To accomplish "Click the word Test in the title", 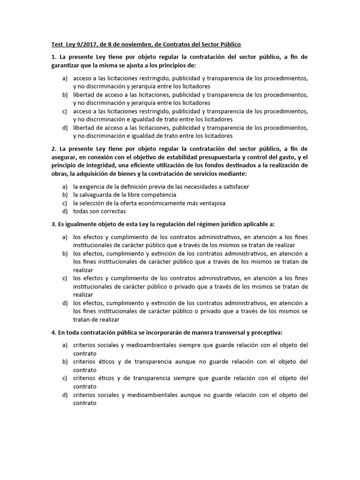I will coord(57,45).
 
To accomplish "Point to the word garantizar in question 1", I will coord(67,66).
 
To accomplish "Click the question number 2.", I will coord(53,149).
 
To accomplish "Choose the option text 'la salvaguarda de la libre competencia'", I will coord(125,195).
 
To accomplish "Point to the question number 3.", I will coord(53,224).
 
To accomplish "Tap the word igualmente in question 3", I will coord(78,224).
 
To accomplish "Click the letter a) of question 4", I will coord(65,345).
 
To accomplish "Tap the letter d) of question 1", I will coord(65,128).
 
